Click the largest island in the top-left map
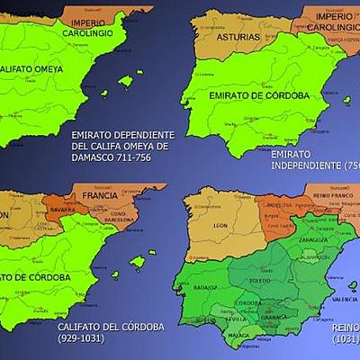(127, 81)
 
